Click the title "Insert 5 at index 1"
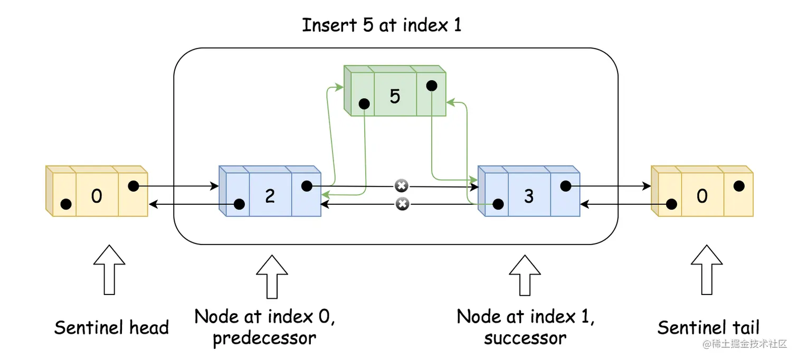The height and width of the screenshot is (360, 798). tap(382, 25)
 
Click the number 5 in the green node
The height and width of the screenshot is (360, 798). tap(395, 96)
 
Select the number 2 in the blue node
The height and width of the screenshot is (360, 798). tap(270, 196)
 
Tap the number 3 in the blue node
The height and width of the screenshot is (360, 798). tap(529, 196)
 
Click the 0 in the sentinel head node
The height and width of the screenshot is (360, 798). tap(97, 196)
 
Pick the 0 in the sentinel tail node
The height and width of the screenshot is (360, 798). tap(702, 196)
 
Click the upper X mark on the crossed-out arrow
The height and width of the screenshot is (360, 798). tap(402, 186)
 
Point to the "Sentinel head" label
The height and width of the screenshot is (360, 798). tap(111, 328)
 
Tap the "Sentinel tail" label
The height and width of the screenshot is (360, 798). tap(708, 328)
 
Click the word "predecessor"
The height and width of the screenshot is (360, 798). tap(264, 338)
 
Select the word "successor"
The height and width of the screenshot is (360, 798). tap(525, 338)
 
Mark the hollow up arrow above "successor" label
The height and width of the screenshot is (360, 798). tap(525, 276)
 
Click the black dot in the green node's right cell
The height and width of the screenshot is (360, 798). tap(432, 85)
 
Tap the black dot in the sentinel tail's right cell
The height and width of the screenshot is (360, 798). tap(739, 186)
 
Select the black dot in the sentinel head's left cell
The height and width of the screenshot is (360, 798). tap(66, 204)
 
